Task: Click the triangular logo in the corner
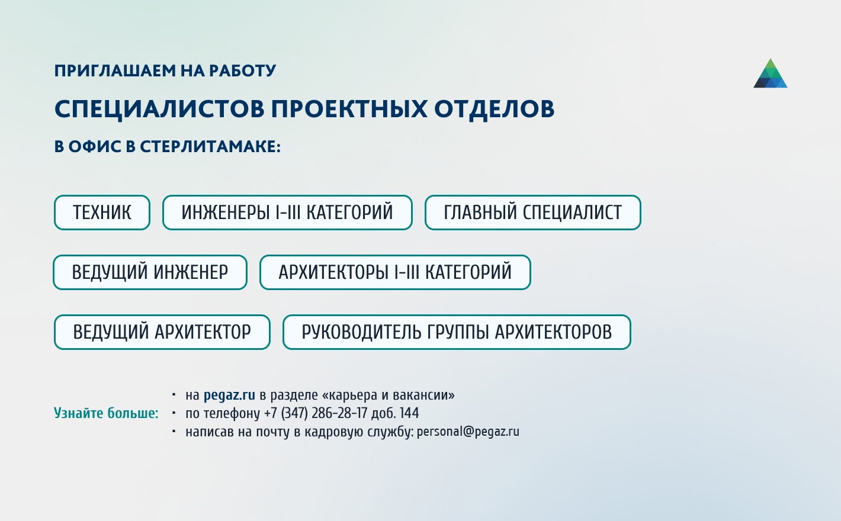coord(770,73)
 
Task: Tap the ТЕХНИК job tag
coord(102,213)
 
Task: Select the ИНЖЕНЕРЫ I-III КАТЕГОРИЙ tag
coord(287,213)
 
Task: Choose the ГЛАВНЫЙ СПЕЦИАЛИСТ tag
coord(533,213)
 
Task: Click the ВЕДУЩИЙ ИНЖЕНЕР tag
coord(150,272)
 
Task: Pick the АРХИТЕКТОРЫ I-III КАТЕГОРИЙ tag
coord(395,272)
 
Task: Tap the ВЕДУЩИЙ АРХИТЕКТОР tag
coord(162,332)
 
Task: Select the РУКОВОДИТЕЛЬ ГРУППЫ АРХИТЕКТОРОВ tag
coord(457,332)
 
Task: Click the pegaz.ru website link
coord(229,395)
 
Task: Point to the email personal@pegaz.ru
coord(468,432)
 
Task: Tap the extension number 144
coord(409,413)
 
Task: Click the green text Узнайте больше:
coord(106,413)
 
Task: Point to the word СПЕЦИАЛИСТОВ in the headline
coord(159,109)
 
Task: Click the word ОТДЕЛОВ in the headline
coord(494,109)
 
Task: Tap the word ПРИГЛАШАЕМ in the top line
coord(114,70)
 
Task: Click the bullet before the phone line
coord(174,413)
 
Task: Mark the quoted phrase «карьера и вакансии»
coord(388,395)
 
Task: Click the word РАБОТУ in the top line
coord(242,70)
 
